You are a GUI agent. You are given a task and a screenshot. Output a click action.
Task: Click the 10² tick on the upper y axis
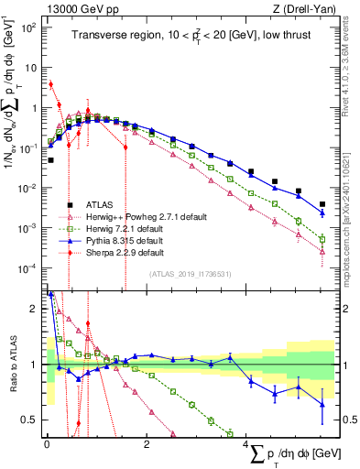click(x=28, y=27)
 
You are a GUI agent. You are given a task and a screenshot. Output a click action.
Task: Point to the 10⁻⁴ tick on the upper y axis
click(x=28, y=267)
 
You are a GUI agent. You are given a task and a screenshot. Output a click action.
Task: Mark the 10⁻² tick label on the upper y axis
click(x=28, y=188)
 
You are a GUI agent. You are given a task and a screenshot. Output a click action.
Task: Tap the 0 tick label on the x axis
click(x=47, y=445)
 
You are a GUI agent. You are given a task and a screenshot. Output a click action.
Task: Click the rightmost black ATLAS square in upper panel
click(x=322, y=204)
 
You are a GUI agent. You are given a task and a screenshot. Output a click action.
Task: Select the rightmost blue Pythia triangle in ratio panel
click(x=322, y=403)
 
